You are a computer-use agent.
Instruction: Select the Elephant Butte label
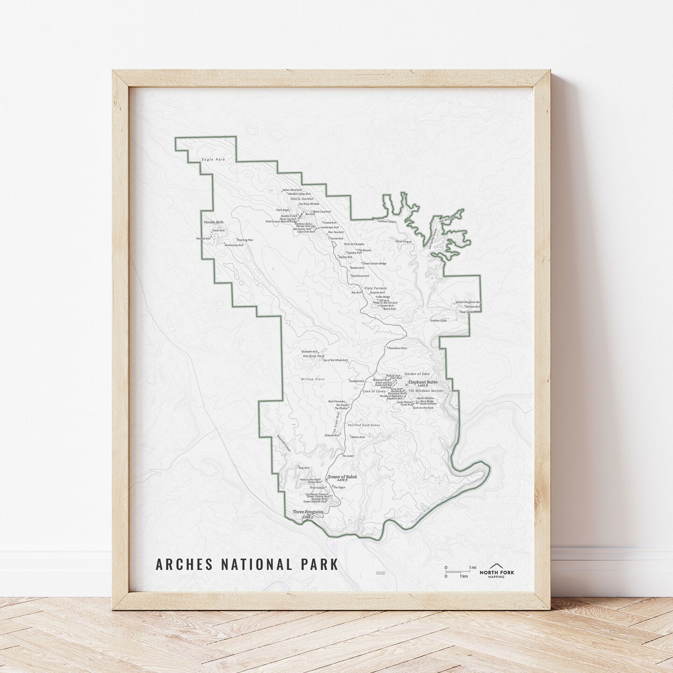pyautogui.click(x=422, y=382)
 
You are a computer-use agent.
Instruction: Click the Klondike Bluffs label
pyautogui.click(x=214, y=223)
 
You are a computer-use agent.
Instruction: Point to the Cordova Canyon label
pyautogui.click(x=387, y=222)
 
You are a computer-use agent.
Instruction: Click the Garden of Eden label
pyautogui.click(x=417, y=374)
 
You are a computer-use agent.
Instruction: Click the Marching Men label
pyautogui.click(x=245, y=240)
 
